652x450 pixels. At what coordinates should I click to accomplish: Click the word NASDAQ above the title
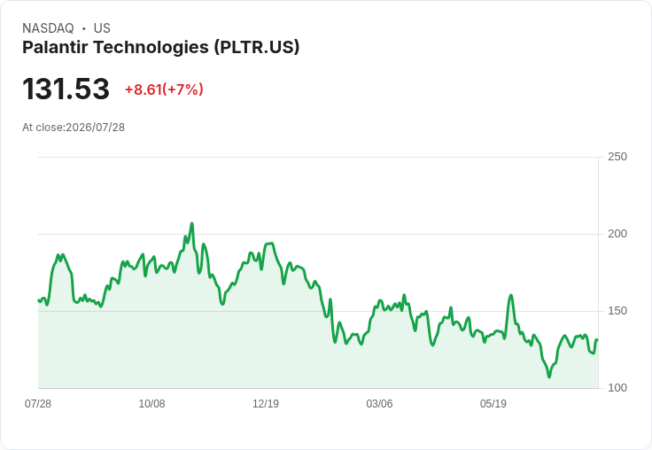[48, 28]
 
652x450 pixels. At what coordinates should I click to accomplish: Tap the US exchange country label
[102, 28]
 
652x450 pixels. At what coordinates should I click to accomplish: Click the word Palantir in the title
[55, 47]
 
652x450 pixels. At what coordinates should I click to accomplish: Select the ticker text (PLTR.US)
[257, 48]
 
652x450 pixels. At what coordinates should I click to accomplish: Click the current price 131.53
[66, 89]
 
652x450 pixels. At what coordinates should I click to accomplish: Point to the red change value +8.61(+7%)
[164, 89]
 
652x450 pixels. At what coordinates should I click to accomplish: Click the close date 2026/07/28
[95, 128]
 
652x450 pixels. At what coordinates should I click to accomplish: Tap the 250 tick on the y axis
[617, 157]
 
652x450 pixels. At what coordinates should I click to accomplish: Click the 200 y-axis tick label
[617, 234]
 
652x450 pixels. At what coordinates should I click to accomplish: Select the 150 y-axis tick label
[617, 311]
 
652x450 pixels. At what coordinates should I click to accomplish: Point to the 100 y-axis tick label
[617, 388]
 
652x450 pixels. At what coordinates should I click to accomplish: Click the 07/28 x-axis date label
[38, 404]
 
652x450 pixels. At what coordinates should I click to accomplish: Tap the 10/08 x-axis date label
[151, 404]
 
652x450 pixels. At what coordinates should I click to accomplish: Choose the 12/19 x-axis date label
[266, 404]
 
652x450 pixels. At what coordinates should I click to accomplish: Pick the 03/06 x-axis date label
[379, 404]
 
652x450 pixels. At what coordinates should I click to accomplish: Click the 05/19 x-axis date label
[493, 404]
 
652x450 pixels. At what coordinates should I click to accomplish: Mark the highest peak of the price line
[191, 224]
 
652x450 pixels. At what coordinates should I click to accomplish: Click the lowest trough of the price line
[549, 376]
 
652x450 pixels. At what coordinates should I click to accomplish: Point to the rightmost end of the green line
[597, 340]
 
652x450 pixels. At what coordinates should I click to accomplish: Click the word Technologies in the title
[151, 48]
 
